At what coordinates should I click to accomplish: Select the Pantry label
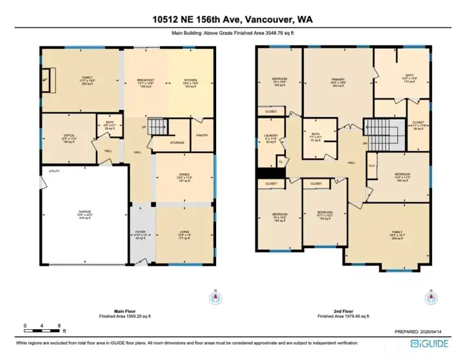pyautogui.click(x=201, y=136)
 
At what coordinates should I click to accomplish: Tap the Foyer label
pyautogui.click(x=140, y=231)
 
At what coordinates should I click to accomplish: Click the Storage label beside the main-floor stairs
pyautogui.click(x=177, y=143)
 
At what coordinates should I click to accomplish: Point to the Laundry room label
pyautogui.click(x=270, y=136)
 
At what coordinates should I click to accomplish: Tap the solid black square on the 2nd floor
pyautogui.click(x=271, y=173)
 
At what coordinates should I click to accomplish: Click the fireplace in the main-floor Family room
pyautogui.click(x=45, y=80)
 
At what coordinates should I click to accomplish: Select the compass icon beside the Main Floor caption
pyautogui.click(x=215, y=298)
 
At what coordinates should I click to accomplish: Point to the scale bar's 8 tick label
pyautogui.click(x=59, y=327)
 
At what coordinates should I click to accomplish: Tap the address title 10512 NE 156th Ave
pyautogui.click(x=231, y=20)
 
